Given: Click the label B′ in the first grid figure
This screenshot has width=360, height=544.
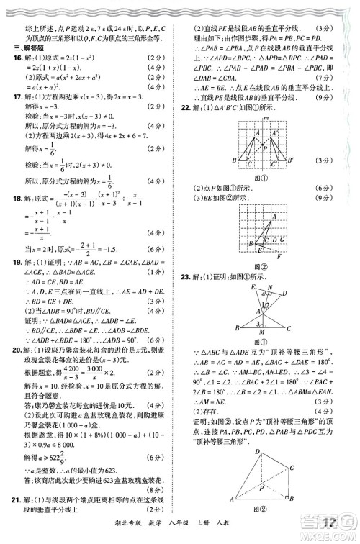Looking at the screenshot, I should click(x=289, y=160).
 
